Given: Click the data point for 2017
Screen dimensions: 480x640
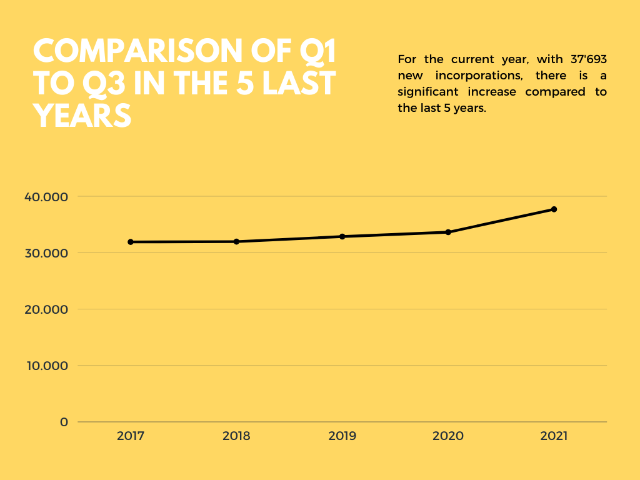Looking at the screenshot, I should click(x=131, y=242).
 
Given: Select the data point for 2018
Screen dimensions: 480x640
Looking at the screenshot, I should click(x=236, y=241).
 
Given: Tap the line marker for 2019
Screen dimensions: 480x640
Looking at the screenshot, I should click(x=342, y=236).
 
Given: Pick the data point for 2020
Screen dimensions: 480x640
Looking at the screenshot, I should click(x=448, y=232).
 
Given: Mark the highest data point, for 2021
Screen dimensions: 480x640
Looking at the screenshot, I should click(x=554, y=209).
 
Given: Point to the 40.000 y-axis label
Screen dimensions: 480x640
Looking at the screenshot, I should click(x=46, y=197).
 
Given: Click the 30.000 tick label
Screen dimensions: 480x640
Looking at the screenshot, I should click(x=46, y=253).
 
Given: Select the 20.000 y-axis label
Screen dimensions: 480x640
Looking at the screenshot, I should click(x=46, y=309).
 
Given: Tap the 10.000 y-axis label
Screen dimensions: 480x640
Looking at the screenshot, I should click(x=46, y=366).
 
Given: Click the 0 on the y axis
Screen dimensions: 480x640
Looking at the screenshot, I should click(x=64, y=422).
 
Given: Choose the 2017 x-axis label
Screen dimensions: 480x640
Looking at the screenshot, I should click(x=131, y=436).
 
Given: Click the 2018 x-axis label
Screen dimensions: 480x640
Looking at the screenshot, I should click(x=236, y=436).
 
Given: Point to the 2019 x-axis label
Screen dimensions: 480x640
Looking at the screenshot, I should click(x=342, y=436).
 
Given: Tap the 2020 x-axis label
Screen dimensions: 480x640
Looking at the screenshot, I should click(x=448, y=436).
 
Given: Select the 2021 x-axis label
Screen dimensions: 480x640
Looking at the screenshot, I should click(x=554, y=436).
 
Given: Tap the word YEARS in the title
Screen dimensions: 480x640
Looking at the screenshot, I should click(x=82, y=116).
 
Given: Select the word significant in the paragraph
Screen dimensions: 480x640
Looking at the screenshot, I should click(x=428, y=92).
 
